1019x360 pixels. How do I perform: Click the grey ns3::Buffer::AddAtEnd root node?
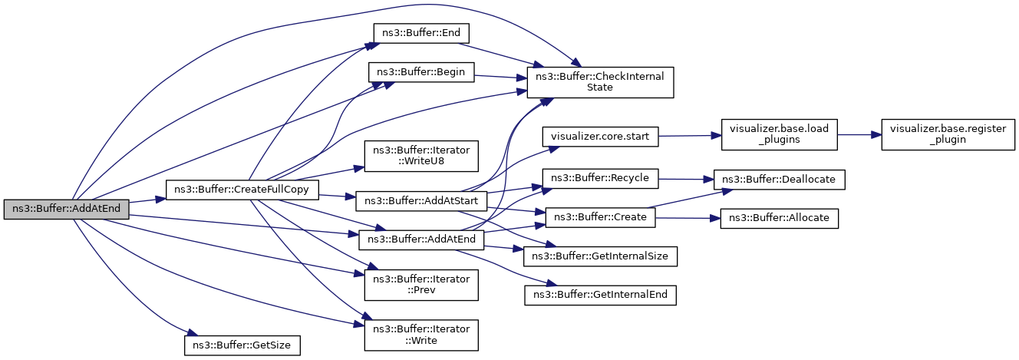tap(67, 209)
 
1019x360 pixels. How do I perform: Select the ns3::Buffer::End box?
tap(421, 33)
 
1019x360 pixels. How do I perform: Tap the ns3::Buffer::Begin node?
tap(421, 72)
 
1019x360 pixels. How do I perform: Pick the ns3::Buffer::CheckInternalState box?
tap(600, 82)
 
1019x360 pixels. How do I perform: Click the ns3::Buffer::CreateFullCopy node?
tap(242, 190)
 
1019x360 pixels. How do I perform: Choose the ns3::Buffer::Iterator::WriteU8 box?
tap(421, 156)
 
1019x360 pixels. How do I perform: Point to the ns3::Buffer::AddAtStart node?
tap(421, 201)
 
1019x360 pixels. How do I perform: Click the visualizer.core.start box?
tap(600, 137)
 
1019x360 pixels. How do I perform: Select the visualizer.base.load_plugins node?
tap(780, 135)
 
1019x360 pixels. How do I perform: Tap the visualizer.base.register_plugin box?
tap(948, 135)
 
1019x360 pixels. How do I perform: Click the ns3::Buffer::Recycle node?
tap(600, 178)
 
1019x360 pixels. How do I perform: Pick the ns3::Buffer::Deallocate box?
tap(780, 180)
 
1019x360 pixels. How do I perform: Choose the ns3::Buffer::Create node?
tap(600, 217)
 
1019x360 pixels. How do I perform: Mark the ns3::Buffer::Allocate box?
tap(780, 219)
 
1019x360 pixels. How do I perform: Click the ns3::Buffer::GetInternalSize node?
tap(600, 256)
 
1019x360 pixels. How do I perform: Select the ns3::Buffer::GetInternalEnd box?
tap(600, 296)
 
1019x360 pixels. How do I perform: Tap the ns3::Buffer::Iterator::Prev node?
tap(421, 285)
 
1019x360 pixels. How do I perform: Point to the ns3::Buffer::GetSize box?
tap(242, 345)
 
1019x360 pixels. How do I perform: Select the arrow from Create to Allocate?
tap(688, 218)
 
